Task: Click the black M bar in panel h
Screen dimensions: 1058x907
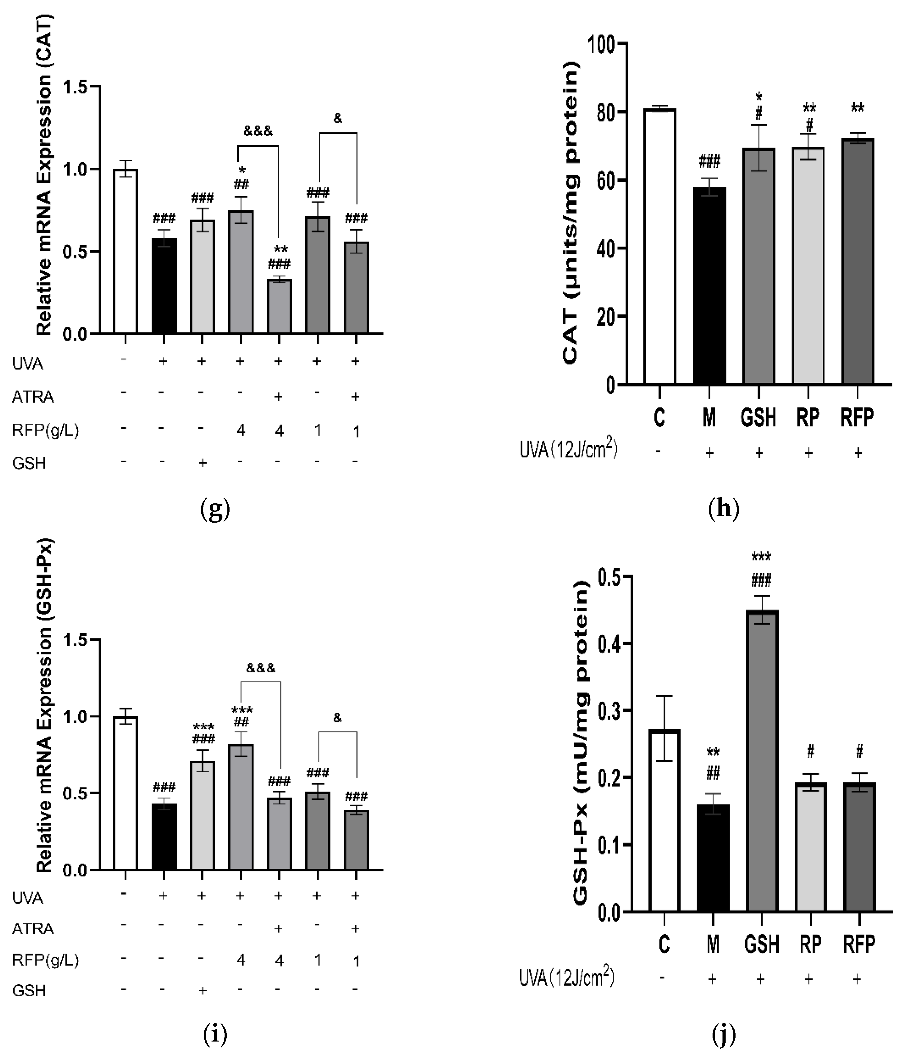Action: click(709, 286)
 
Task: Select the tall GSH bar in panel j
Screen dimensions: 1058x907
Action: click(762, 761)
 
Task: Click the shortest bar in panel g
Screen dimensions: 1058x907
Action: click(279, 306)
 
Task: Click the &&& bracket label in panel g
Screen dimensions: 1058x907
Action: click(258, 131)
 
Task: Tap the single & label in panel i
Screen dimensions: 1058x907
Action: click(337, 718)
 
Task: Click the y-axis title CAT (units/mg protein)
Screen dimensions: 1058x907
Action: click(571, 214)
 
